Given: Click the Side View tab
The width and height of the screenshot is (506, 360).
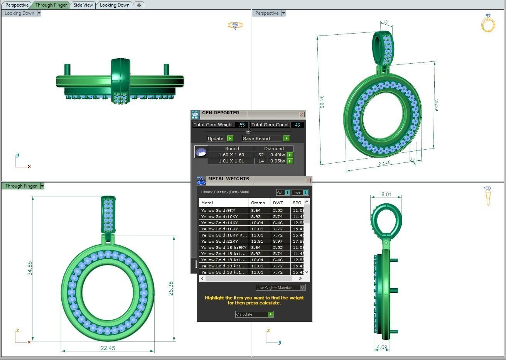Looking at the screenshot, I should coord(83,5).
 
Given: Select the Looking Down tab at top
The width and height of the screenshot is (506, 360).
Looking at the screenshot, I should coord(115,5).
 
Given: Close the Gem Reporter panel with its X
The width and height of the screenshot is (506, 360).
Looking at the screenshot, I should coord(302,115).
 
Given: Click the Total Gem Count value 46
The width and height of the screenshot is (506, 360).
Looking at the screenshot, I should coord(297,125).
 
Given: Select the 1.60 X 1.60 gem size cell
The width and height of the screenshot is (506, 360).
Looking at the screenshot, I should coord(231,155).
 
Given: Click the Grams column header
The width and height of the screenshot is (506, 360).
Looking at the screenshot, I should coord(258,203).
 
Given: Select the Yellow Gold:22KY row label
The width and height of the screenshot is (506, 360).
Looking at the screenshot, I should coord(219,241).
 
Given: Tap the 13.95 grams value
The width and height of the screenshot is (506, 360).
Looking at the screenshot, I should coord(256,241).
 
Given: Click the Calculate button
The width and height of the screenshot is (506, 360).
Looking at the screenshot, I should coord(254,314).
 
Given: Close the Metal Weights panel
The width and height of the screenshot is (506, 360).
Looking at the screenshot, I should coord(308,180).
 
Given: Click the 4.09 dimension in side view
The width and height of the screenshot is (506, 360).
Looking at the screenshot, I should coord(382,347).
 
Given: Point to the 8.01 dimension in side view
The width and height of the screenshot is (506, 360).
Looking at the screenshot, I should coord(386,194).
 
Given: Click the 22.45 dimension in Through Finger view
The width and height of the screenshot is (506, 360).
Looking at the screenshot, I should coord(108,348).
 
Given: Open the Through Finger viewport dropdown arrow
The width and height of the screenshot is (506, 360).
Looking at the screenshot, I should coord(42,186).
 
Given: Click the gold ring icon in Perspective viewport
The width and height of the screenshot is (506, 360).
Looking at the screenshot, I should coord(488,23).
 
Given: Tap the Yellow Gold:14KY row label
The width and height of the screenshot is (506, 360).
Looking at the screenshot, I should coord(219,223).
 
